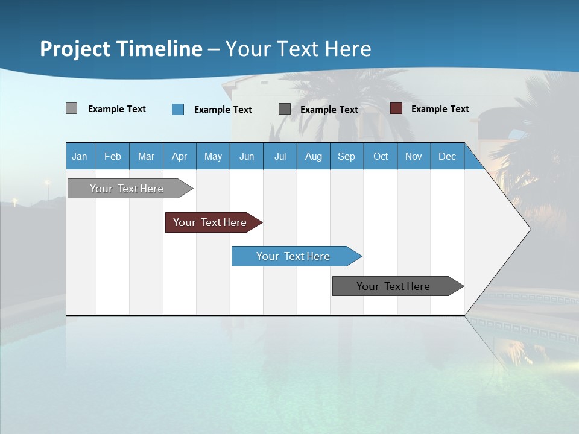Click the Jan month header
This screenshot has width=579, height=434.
[x=80, y=156]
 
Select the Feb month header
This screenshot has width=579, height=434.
[x=113, y=156]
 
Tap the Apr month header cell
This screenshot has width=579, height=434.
[x=180, y=156]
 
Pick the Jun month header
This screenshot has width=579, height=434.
[x=247, y=156]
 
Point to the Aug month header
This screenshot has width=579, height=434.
[x=314, y=156]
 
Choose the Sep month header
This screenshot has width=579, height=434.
[x=347, y=156]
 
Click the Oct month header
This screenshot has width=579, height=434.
[x=381, y=156]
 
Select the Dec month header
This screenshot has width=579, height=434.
[x=448, y=156]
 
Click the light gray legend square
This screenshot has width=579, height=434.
[x=72, y=108]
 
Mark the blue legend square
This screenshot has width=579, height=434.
[x=178, y=109]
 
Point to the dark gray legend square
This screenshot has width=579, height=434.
[x=285, y=109]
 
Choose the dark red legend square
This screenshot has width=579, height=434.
[x=396, y=108]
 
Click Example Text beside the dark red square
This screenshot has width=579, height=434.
[x=440, y=109]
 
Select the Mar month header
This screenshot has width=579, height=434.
[x=146, y=156]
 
